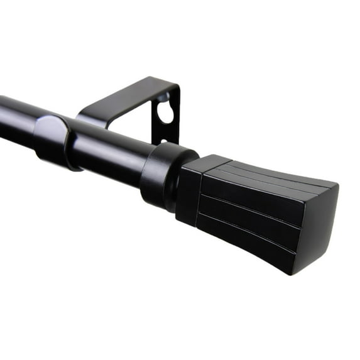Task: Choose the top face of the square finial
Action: [264, 173]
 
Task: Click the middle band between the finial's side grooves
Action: [251, 214]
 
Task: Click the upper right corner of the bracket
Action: [177, 85]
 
